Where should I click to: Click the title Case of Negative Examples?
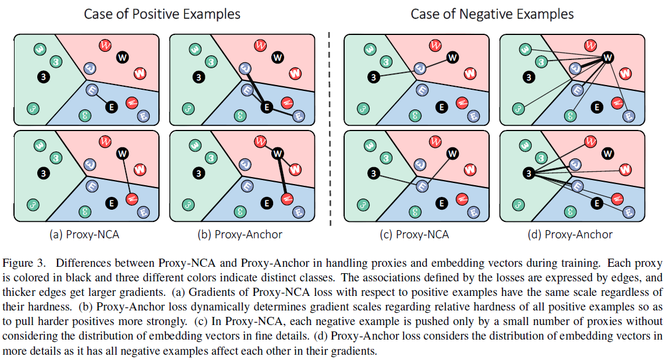492,13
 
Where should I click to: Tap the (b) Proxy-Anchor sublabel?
240,234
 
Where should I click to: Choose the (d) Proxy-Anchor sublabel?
571,234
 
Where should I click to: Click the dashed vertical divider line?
331,128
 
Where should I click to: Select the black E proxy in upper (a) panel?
111,107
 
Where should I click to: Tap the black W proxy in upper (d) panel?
608,57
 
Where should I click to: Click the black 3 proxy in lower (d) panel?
528,172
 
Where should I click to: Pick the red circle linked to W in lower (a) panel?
132,199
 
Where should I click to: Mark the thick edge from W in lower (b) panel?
282,177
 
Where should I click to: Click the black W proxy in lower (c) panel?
452,153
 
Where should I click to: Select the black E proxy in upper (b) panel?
266,107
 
